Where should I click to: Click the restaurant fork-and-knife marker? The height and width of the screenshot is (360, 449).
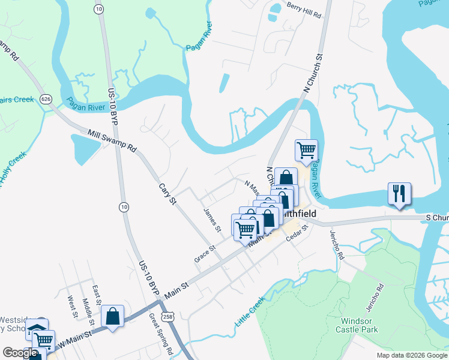click(x=399, y=194)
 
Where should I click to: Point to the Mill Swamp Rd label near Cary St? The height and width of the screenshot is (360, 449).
click(x=112, y=141)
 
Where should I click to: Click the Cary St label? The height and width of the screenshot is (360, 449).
click(x=167, y=191)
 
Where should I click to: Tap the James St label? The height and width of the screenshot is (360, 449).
click(x=212, y=220)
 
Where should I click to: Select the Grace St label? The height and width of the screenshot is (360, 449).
click(x=205, y=253)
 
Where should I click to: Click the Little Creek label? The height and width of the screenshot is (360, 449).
click(x=249, y=314)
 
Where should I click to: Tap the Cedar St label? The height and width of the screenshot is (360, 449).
click(x=297, y=233)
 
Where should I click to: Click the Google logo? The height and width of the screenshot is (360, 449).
click(x=20, y=353)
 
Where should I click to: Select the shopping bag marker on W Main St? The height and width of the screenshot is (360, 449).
click(x=112, y=316)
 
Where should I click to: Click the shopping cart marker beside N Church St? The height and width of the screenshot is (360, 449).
click(x=306, y=150)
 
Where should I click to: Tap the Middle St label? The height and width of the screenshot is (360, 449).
click(x=88, y=309)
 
